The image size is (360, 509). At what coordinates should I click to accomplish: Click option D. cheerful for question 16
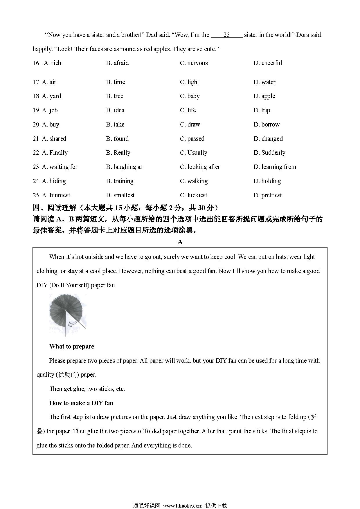[267, 63]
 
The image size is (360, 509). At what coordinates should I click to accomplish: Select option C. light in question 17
[189, 82]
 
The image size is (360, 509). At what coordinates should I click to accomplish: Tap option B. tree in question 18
[115, 96]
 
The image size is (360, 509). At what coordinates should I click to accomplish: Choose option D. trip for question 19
[262, 110]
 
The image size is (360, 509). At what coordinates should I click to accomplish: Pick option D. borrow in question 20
[266, 124]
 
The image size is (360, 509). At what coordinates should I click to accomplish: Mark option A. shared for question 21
[54, 139]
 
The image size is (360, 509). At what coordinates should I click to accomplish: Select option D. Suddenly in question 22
[269, 153]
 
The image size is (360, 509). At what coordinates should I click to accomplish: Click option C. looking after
[200, 167]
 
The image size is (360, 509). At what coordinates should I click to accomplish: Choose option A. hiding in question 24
[54, 181]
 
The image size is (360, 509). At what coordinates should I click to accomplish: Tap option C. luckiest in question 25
[193, 195]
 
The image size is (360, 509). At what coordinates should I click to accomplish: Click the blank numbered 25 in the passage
[226, 35]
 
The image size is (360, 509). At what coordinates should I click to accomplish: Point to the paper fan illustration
[68, 315]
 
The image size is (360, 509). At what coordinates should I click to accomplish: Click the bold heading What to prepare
[72, 346]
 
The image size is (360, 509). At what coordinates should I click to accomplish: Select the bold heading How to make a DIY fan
[81, 403]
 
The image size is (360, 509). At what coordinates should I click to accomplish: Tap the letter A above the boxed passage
[180, 242]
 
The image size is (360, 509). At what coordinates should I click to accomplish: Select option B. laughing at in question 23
[124, 167]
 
